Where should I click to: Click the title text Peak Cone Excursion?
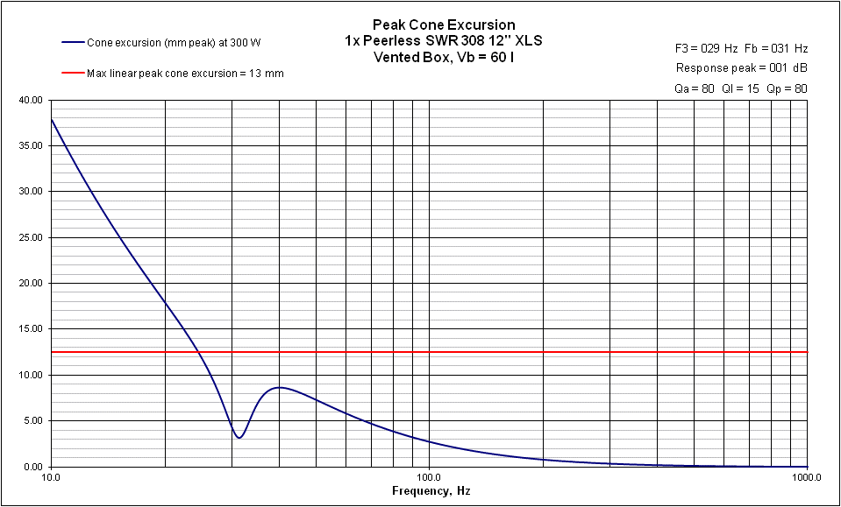[444, 25]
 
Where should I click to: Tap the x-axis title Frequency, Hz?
[431, 491]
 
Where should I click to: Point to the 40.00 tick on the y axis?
[31, 100]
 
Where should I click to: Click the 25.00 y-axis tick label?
[31, 237]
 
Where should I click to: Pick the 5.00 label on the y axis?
[33, 420]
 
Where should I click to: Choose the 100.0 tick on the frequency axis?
[429, 478]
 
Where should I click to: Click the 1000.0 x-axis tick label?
[805, 478]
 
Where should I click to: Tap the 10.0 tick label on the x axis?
[51, 478]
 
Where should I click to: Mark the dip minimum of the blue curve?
[239, 438]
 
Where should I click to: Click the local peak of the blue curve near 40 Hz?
[279, 387]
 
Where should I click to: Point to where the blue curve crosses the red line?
[200, 352]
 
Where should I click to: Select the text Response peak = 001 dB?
[742, 67]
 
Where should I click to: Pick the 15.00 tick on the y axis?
[31, 329]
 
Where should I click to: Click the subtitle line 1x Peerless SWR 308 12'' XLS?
[444, 40]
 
